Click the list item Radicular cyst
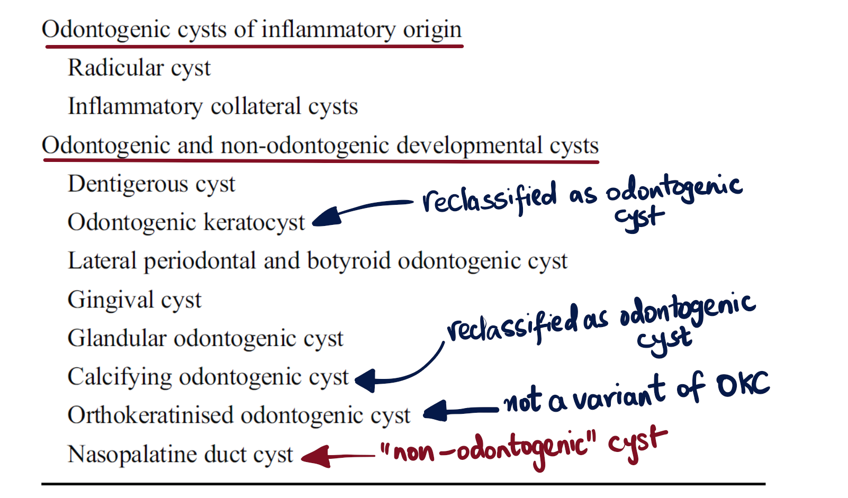(x=139, y=68)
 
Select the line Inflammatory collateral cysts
(x=213, y=106)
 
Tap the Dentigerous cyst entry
(x=151, y=184)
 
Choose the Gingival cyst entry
(x=134, y=300)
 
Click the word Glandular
(x=117, y=338)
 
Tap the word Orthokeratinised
(x=150, y=415)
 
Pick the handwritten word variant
(x=619, y=394)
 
